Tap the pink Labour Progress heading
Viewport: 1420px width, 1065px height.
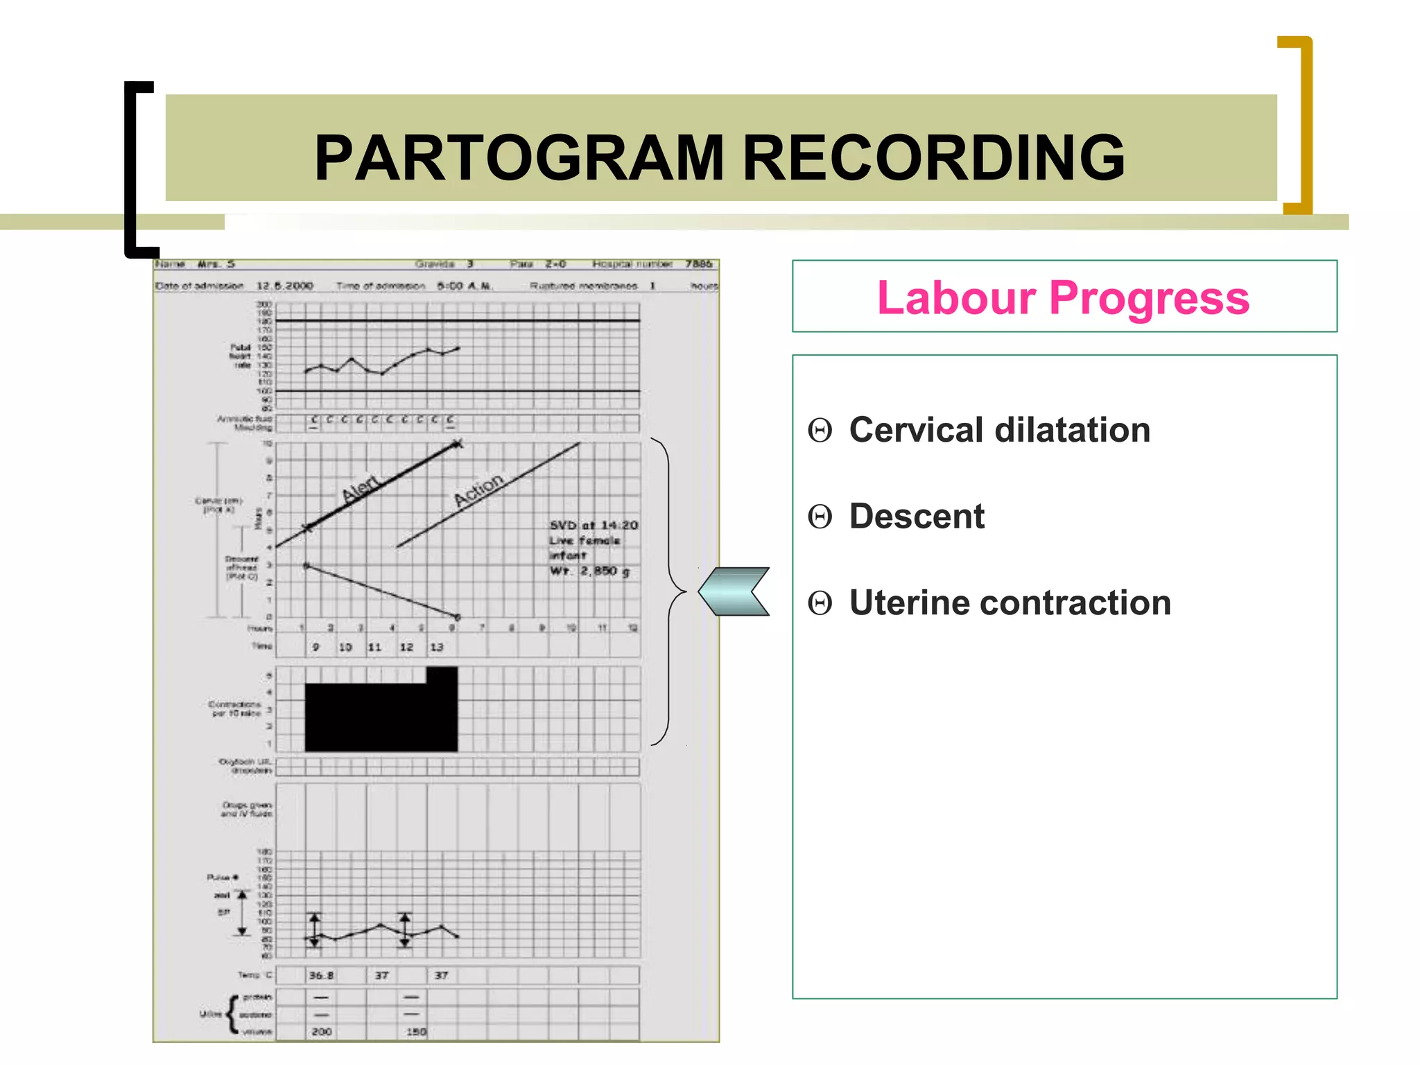[1063, 297]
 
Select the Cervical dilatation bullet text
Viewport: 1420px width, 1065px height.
[999, 430]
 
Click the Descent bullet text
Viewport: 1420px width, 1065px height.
[916, 517]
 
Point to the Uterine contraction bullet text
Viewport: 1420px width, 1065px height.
[1010, 603]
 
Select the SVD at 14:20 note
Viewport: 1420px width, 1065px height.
[594, 526]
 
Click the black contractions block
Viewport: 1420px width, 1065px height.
[381, 716]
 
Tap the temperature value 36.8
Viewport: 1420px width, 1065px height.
[321, 976]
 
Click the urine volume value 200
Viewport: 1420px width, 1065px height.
[321, 1032]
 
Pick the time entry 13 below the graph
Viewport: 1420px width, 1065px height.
[436, 647]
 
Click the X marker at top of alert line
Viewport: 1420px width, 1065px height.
[456, 444]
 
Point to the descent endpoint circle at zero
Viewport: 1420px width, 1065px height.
[458, 617]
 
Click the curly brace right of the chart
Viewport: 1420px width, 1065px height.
[667, 591]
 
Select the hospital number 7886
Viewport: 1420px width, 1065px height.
[698, 264]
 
